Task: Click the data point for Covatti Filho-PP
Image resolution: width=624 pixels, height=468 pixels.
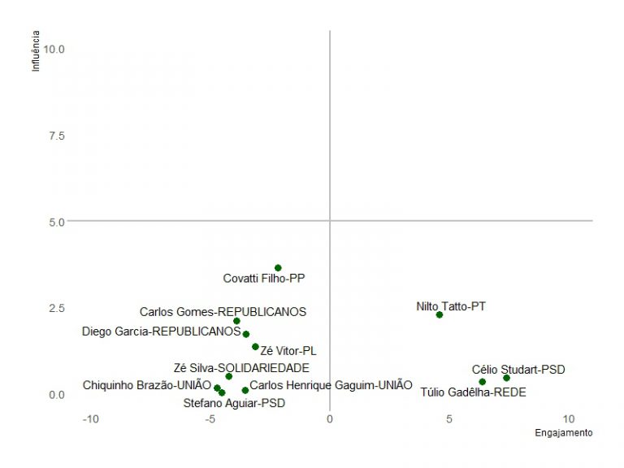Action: pos(278,267)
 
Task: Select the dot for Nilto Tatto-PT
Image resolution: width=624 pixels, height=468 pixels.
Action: pos(440,314)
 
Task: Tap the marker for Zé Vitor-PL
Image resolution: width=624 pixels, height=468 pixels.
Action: pos(255,346)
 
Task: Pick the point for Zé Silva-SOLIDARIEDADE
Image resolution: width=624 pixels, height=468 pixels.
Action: pos(229,376)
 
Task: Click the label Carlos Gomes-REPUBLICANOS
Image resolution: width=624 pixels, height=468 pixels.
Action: pos(223,311)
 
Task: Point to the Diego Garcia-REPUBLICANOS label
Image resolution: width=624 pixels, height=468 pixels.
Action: pos(161,331)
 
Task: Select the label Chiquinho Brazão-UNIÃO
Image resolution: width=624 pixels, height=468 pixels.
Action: pos(146,385)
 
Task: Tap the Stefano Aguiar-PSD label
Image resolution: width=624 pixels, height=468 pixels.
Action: pos(234,402)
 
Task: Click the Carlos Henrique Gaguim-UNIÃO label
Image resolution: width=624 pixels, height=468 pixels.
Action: pos(331,385)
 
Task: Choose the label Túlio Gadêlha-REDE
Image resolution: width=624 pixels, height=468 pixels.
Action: pos(473,392)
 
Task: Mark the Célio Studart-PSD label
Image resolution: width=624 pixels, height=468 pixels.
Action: pos(518,370)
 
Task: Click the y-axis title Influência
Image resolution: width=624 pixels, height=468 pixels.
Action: pos(35,51)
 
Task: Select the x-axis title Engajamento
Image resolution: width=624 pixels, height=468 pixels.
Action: pos(563,433)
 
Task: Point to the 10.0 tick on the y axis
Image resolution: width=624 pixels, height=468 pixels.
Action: pos(54,49)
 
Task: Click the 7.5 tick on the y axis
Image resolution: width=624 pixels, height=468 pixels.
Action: pos(56,135)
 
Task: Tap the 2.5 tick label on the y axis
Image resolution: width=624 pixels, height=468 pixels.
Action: pos(56,308)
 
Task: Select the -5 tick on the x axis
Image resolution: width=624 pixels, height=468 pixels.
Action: pos(210,419)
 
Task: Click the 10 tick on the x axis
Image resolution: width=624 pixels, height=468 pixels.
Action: pos(569,419)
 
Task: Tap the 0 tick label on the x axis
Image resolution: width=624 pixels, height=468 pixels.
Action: pos(330,419)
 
